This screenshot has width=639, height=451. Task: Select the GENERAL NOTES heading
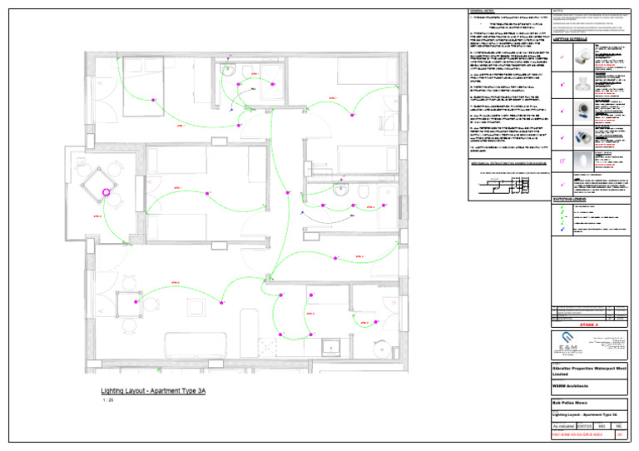(483, 10)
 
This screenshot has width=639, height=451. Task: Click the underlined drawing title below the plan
(153, 390)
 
